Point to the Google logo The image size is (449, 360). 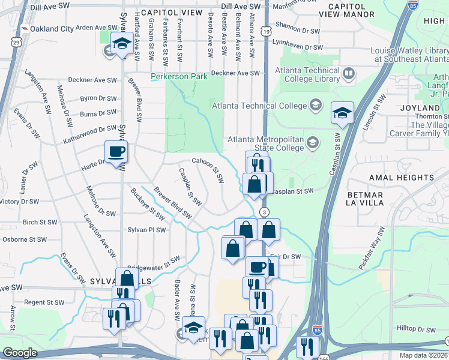(x=19, y=353)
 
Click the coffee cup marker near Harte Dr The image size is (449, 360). (x=116, y=152)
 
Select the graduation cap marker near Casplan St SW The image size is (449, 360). (x=342, y=113)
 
